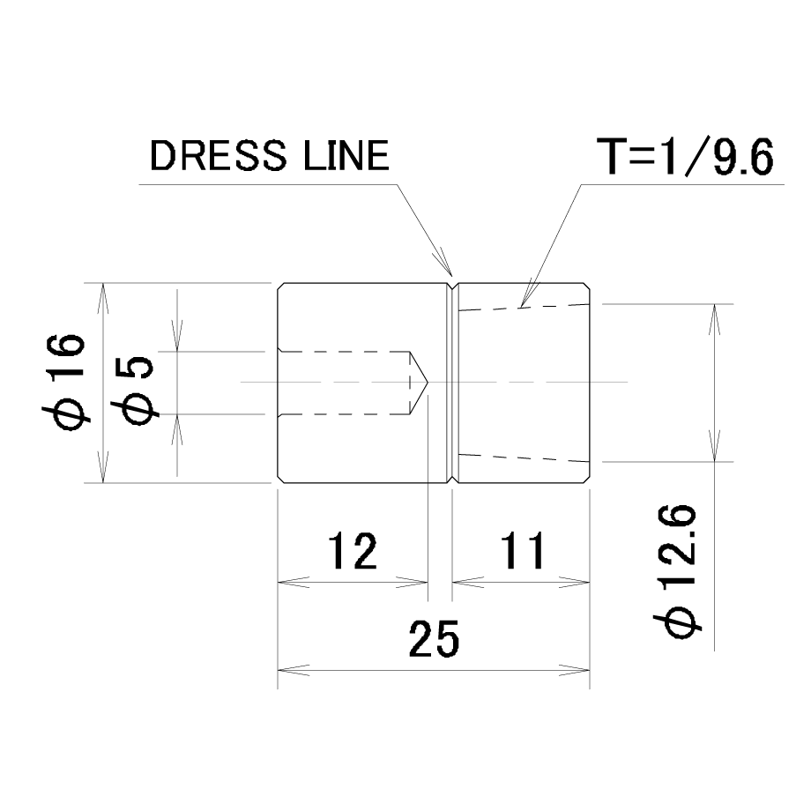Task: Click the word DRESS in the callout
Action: [218, 156]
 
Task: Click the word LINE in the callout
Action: [346, 156]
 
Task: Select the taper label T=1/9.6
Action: [685, 156]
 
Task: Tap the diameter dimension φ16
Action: [63, 383]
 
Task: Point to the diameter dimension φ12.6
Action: [678, 570]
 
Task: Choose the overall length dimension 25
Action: [434, 639]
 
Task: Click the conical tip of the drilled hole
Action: [428, 383]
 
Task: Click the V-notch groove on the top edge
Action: [452, 286]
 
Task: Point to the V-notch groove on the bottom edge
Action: [452, 479]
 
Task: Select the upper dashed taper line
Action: [524, 308]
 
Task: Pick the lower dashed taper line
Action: [524, 458]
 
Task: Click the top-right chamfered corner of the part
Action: [586, 286]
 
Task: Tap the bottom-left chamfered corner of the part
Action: [281, 479]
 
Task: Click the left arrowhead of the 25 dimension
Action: [294, 671]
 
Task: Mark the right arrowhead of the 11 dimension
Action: [574, 583]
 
